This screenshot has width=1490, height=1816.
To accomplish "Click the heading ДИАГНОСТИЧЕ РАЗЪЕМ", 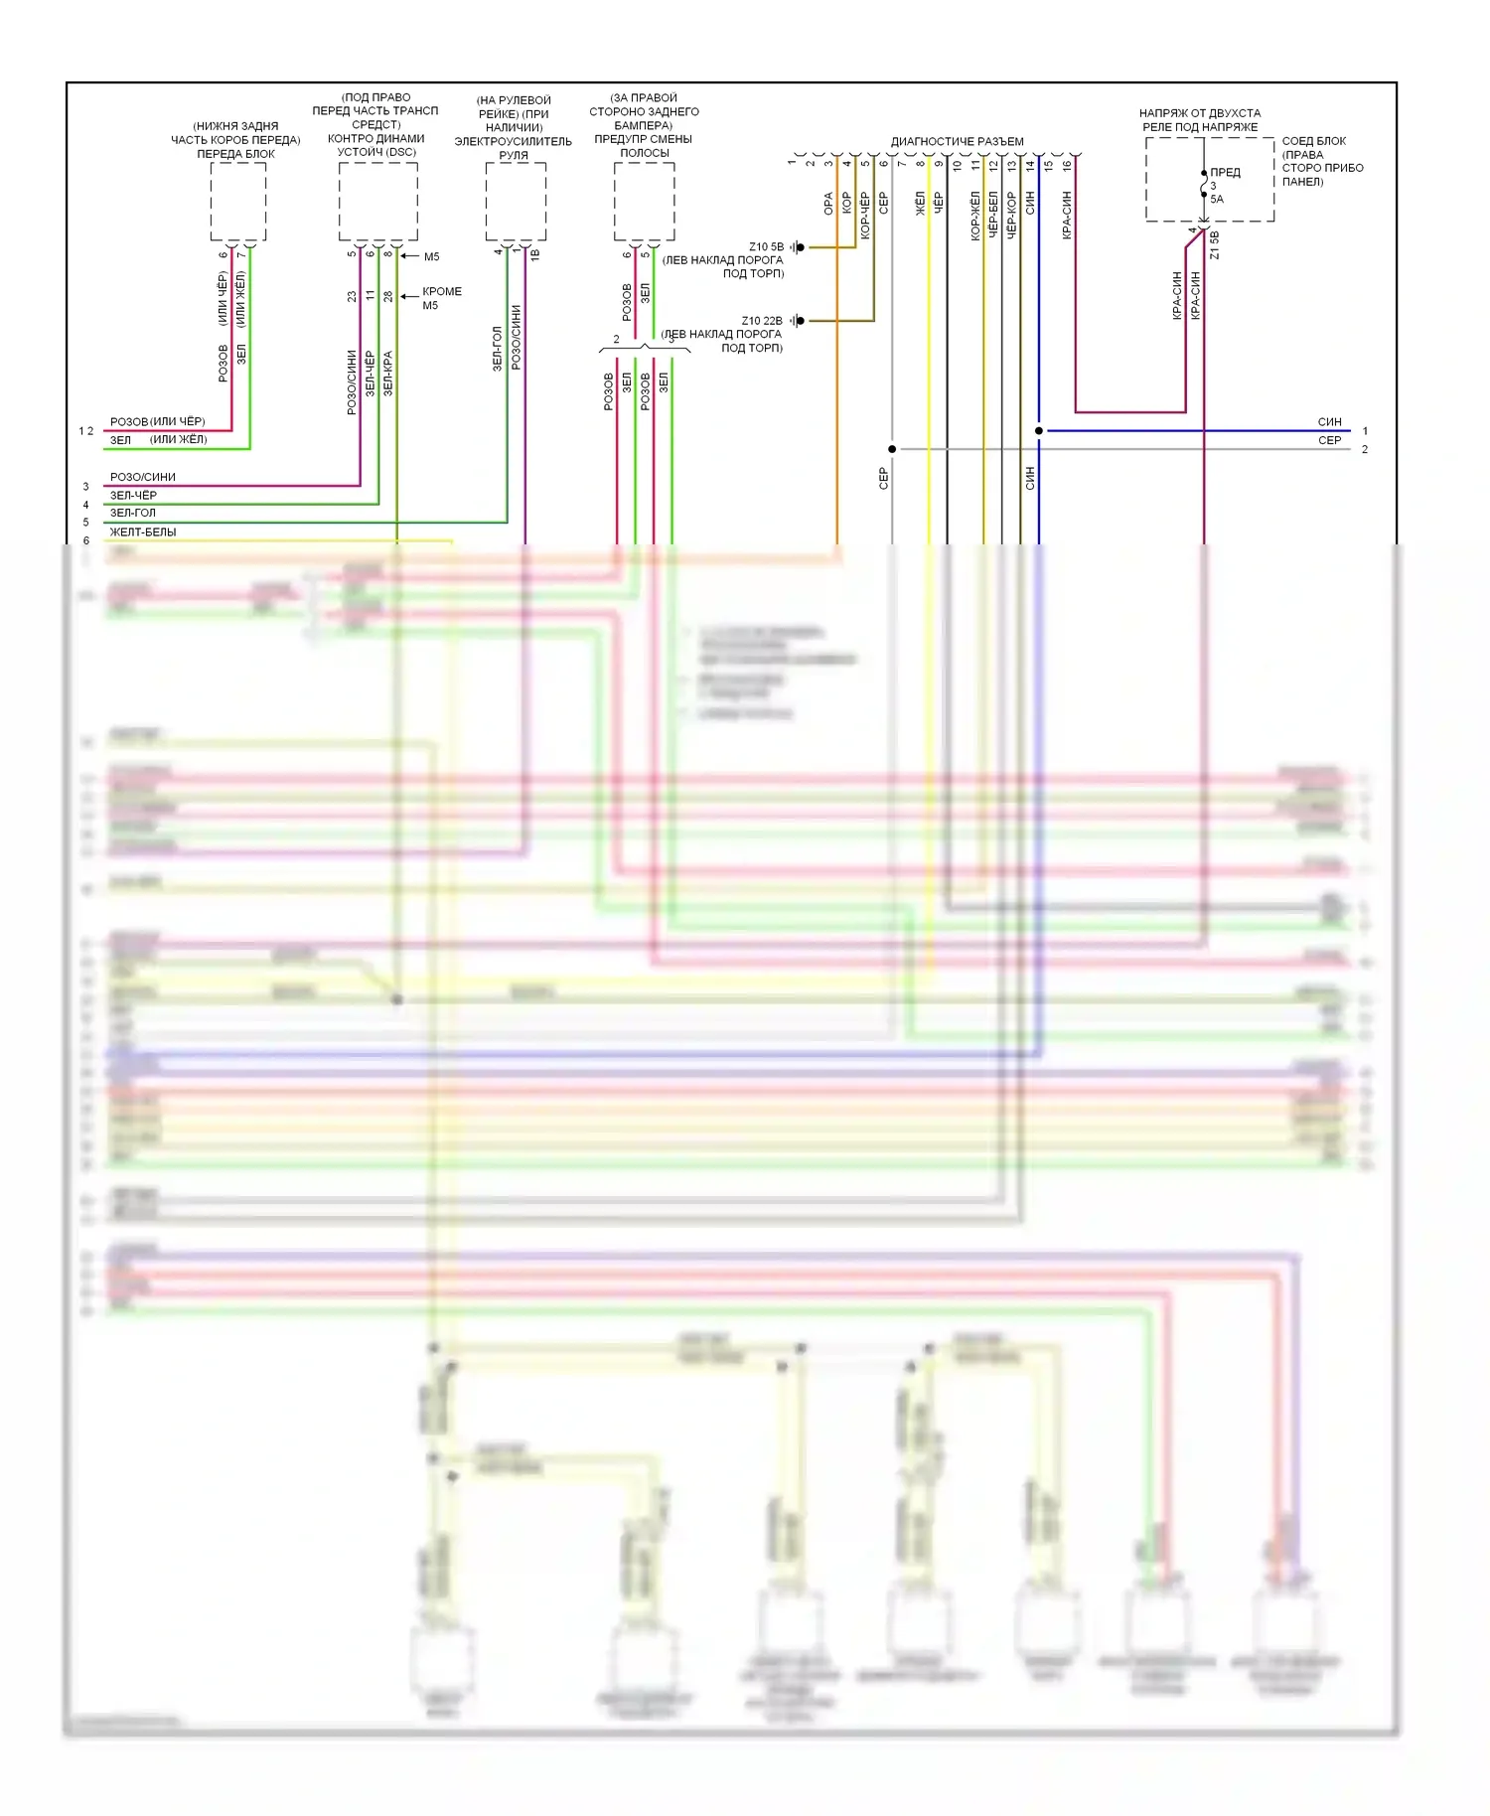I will click(x=957, y=141).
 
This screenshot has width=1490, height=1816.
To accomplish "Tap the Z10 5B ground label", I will click(x=766, y=246).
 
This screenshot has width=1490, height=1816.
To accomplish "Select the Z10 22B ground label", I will click(x=762, y=321).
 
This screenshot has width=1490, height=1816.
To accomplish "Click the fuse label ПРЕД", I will click(x=1225, y=172).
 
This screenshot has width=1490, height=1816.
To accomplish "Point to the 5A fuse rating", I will click(x=1217, y=199).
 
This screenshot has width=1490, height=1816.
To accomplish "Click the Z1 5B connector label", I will click(x=1215, y=245).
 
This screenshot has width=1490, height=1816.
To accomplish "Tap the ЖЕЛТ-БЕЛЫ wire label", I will click(x=143, y=531).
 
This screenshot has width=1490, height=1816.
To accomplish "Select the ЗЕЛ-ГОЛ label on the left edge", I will click(x=133, y=513).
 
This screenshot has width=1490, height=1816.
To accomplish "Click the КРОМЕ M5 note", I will click(x=441, y=298).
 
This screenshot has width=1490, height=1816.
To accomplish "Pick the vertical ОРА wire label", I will click(x=828, y=204).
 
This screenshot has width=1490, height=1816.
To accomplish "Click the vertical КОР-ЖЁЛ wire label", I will click(x=975, y=217).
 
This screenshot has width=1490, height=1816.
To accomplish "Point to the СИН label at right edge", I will click(x=1329, y=422).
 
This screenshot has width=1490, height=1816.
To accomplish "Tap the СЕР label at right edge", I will click(x=1329, y=440).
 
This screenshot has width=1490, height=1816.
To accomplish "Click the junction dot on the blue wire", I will click(x=1039, y=431).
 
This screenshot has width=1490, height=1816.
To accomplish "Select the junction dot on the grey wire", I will click(x=892, y=449).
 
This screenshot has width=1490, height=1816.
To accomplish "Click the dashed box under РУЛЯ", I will click(x=516, y=201).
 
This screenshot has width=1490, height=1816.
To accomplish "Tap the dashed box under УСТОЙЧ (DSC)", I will click(x=377, y=201).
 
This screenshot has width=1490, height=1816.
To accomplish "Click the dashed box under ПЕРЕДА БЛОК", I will click(x=237, y=202).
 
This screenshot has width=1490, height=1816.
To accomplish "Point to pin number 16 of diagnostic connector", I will click(x=1067, y=165).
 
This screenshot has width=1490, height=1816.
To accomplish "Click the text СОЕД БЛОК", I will click(x=1313, y=141).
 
